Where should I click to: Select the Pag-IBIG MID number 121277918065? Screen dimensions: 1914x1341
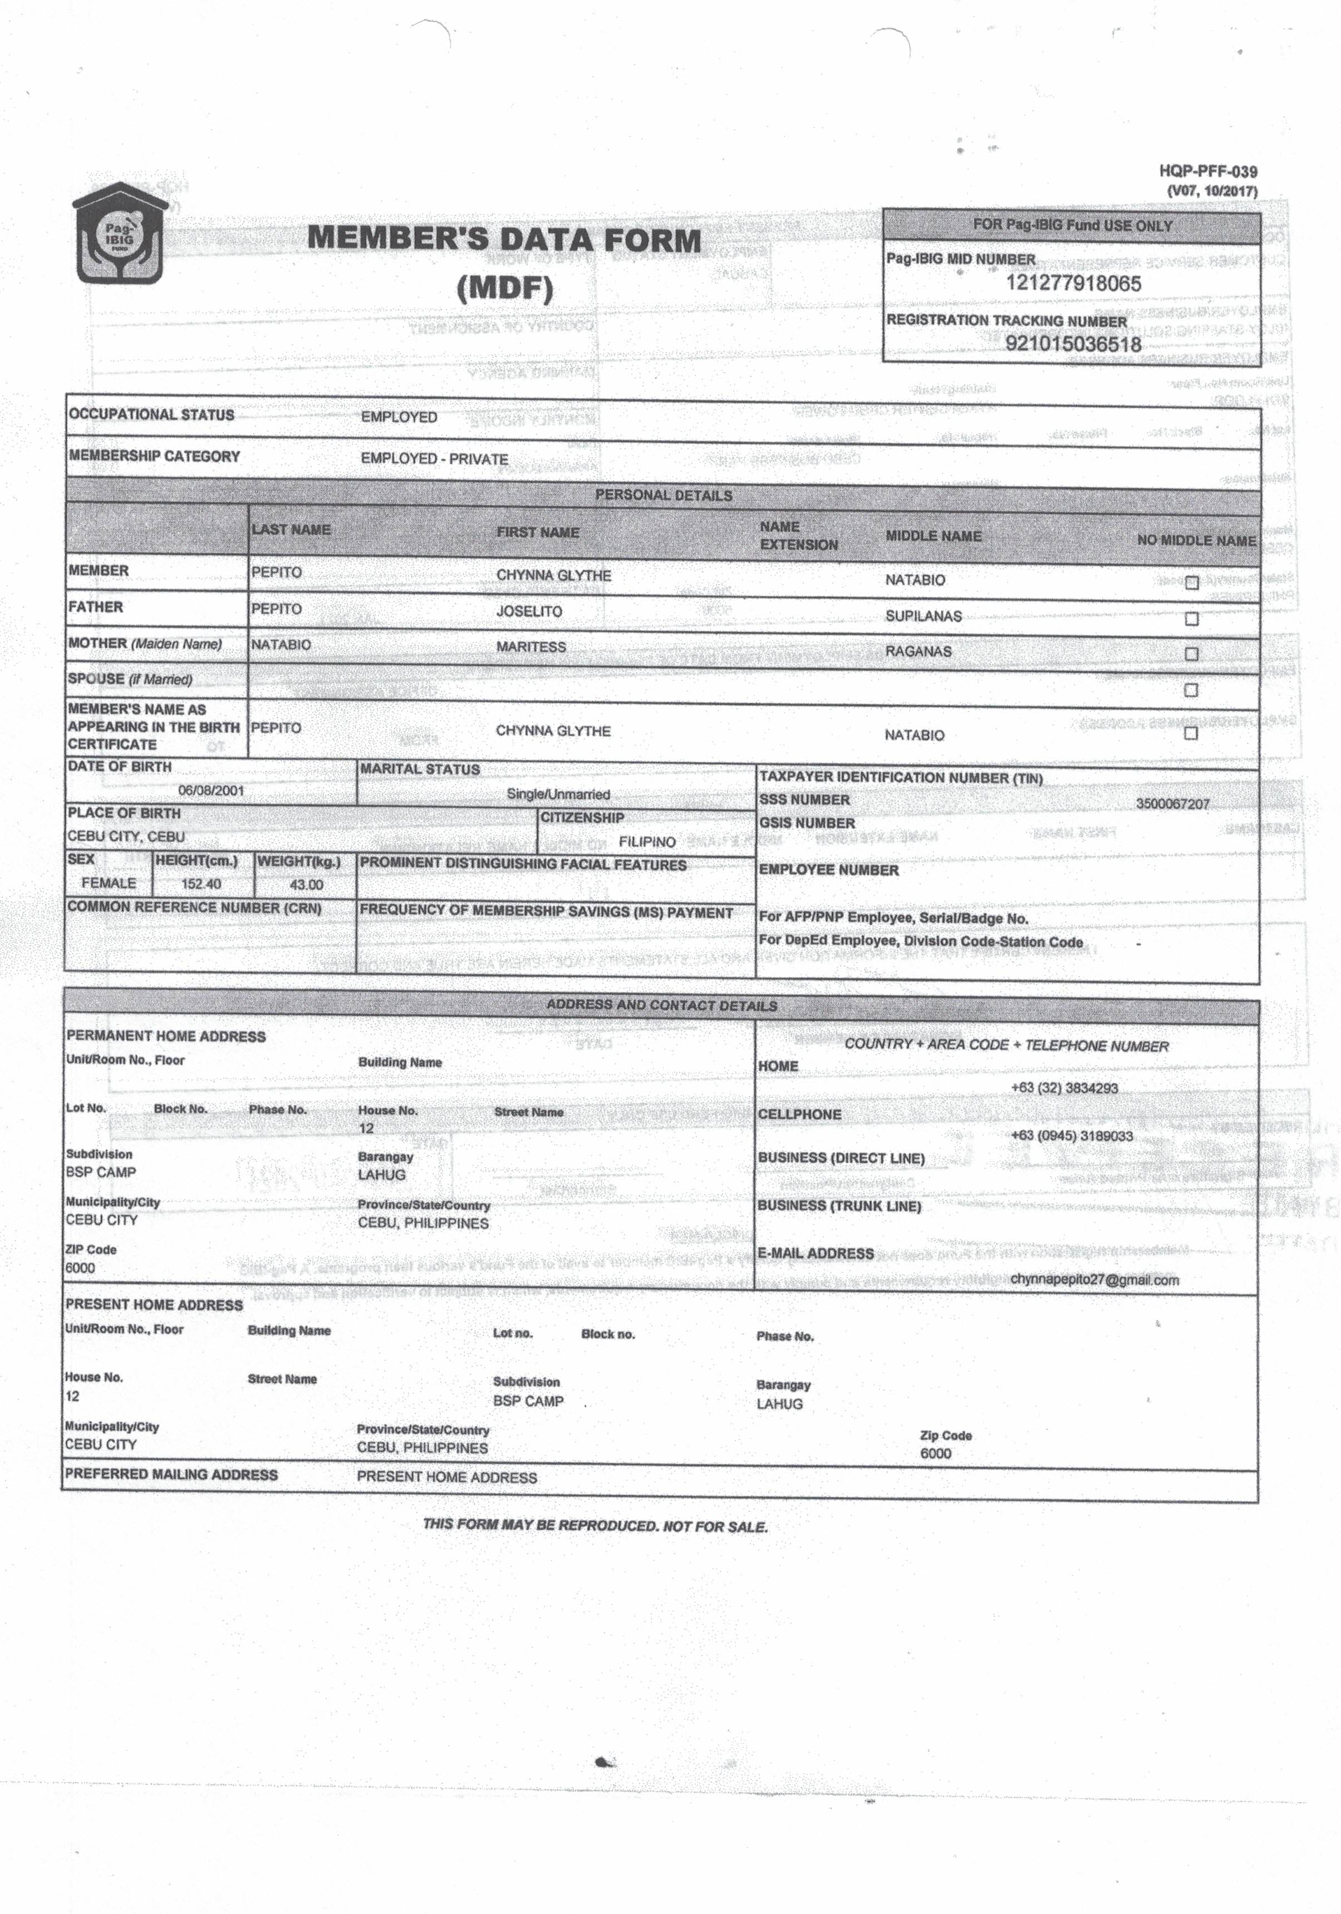coord(1073,283)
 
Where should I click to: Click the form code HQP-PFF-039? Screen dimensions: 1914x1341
coord(1207,172)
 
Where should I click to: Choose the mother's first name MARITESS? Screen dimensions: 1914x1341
coord(531,647)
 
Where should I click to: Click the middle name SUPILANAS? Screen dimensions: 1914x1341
coord(924,616)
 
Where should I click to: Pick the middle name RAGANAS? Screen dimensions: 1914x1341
coord(918,651)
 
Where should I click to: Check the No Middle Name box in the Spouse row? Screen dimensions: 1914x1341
coord(1191,690)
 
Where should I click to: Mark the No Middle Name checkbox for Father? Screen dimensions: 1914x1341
coord(1191,619)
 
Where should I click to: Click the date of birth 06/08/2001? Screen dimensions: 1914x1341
coord(212,790)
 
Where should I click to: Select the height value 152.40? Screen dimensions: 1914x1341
coord(202,884)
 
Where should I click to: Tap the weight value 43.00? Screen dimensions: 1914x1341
coord(306,884)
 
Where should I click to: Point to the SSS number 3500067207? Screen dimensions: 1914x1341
coord(1172,804)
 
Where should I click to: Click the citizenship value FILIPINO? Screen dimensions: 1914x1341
coord(647,842)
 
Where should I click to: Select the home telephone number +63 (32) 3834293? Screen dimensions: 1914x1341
coord(1064,1088)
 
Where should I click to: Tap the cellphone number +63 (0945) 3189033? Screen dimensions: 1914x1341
coord(1071,1135)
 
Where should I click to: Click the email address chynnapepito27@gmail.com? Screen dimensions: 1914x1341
coord(1094,1280)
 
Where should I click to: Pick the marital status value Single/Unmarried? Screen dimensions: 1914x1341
coord(558,795)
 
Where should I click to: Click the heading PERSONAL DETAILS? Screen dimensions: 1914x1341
coord(664,495)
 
